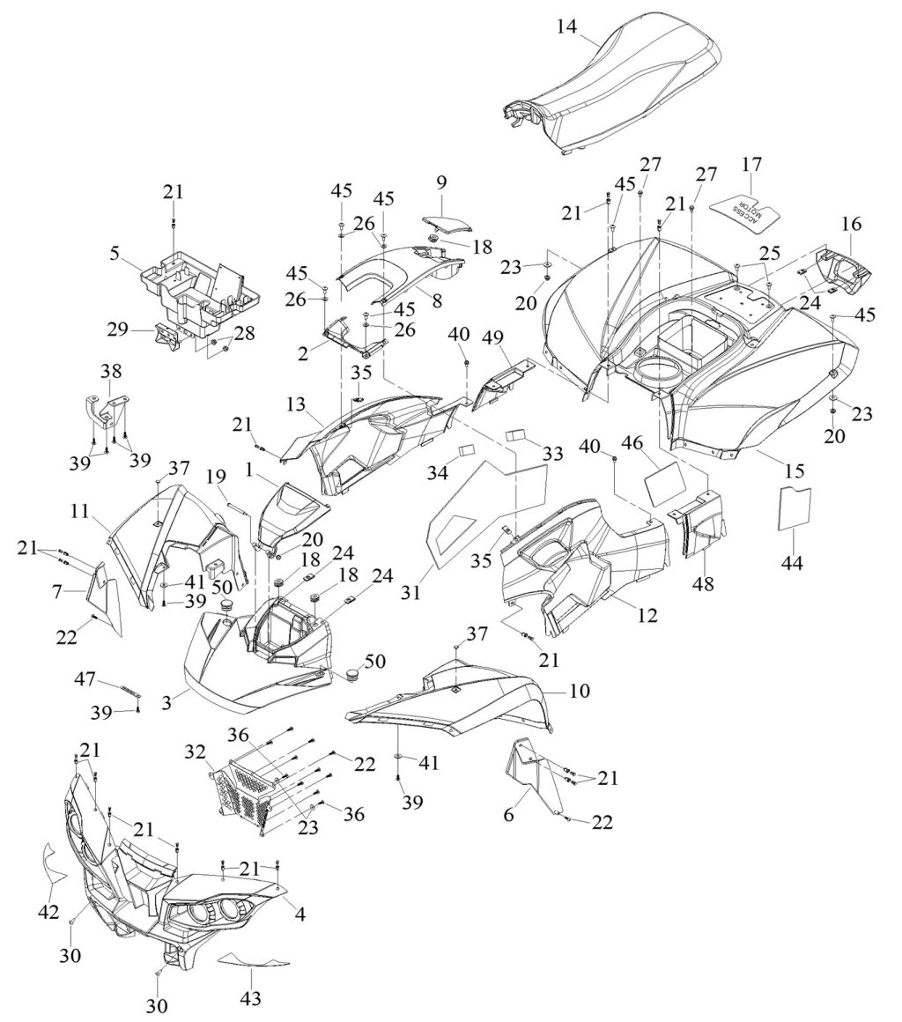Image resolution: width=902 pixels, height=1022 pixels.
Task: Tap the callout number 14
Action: pos(566,27)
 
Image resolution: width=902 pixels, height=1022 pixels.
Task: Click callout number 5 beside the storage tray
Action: pos(114,252)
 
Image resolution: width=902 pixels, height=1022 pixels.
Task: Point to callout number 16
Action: pos(851,224)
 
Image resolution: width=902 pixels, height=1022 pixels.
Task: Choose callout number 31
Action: pos(411,592)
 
